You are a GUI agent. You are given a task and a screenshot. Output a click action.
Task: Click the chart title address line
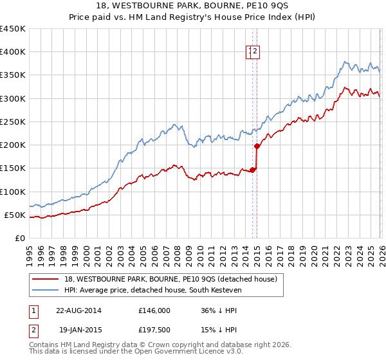coord(193,7)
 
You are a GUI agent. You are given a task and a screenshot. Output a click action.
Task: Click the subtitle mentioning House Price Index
coord(193,18)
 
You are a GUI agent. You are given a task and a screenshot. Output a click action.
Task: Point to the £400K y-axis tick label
coord(13,52)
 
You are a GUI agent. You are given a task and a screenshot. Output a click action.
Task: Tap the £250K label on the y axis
coord(13,122)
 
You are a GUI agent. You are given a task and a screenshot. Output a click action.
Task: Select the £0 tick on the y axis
coord(19,238)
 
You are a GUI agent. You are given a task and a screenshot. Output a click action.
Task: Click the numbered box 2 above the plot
coord(255,52)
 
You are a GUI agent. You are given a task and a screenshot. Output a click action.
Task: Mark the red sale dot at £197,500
coord(257,147)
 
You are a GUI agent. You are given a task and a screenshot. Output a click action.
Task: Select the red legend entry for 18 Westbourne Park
coord(170,279)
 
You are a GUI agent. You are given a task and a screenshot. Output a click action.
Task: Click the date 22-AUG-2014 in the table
coord(78,310)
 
